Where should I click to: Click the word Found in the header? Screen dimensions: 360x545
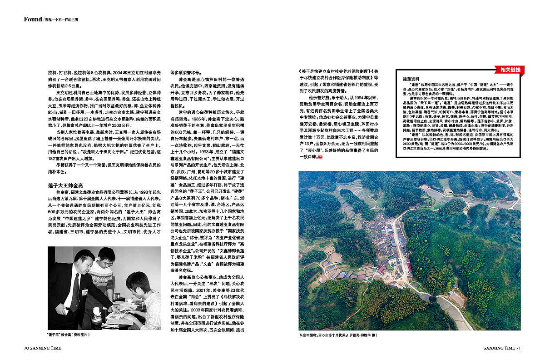click(x=33, y=19)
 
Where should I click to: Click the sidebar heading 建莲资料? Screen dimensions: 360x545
click(x=411, y=79)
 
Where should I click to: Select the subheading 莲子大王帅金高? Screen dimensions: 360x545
click(x=65, y=185)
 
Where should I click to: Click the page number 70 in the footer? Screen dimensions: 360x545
click(x=27, y=348)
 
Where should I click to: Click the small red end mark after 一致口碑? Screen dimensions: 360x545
click(x=320, y=157)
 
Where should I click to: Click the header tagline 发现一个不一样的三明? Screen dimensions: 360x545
click(x=61, y=20)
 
